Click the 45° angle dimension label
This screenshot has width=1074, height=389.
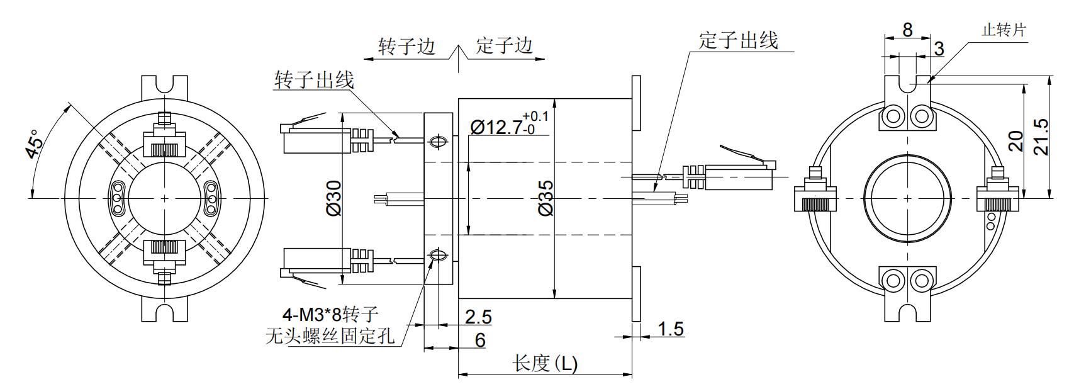tap(35, 144)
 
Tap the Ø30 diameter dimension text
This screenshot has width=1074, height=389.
tap(334, 198)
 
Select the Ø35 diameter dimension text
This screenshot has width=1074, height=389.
tap(546, 198)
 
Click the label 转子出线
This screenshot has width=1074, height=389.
tap(314, 81)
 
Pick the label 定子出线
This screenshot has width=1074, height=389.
tap(738, 41)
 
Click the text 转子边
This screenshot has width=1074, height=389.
tap(406, 47)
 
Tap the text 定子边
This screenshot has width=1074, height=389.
tap(504, 45)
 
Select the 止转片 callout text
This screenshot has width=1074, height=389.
tap(1004, 30)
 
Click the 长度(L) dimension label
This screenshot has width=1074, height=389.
tap(545, 363)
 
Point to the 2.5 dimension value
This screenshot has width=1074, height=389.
tap(478, 317)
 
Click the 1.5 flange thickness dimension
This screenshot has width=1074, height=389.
tap(671, 329)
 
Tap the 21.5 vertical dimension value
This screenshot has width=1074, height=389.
tap(1041, 137)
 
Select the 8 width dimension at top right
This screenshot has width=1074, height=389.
tap(907, 30)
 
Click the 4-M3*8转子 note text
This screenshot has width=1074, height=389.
tap(330, 313)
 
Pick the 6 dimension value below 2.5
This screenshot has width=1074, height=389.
tap(480, 340)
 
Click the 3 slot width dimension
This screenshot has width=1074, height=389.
tap(939, 48)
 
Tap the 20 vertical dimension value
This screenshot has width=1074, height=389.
tap(1016, 141)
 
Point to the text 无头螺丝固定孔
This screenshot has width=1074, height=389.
tap(330, 336)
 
